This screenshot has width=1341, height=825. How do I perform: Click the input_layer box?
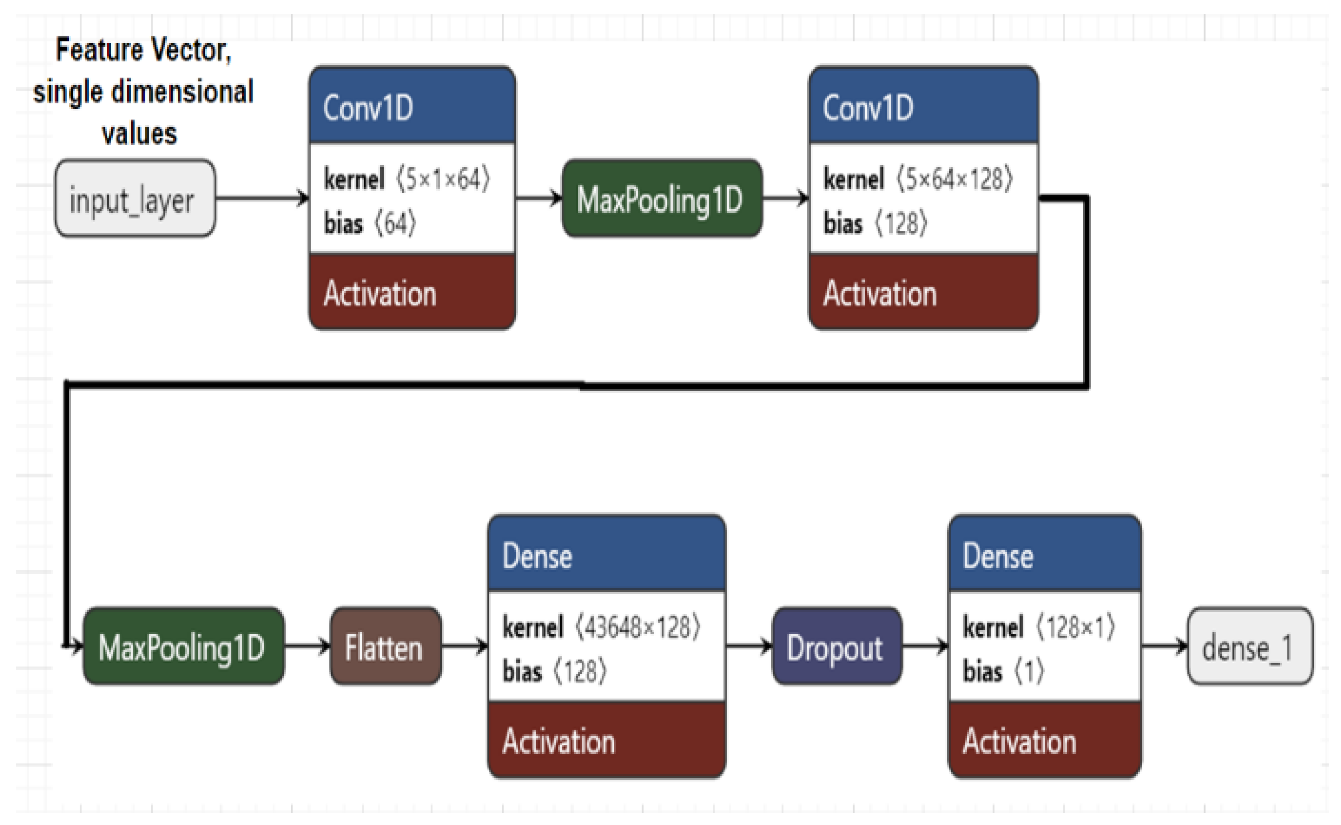(135, 199)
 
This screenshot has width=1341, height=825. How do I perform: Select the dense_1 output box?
(1249, 646)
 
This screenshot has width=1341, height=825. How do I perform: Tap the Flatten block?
(385, 646)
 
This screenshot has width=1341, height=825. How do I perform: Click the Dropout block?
(836, 646)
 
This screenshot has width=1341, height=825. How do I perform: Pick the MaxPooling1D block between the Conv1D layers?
(661, 199)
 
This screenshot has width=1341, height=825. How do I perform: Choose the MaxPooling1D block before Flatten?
(183, 646)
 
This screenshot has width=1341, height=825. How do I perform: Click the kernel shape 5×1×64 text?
(443, 179)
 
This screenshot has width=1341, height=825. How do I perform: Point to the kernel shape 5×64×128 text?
(954, 179)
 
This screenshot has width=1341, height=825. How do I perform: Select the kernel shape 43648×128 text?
(637, 627)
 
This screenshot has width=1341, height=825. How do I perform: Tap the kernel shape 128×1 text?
(1075, 627)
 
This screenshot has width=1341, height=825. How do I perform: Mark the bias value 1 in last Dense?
(1029, 671)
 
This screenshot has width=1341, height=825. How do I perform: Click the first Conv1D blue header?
(412, 107)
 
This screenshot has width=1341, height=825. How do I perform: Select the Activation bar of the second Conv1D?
(923, 293)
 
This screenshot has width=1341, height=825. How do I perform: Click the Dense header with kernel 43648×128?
(606, 555)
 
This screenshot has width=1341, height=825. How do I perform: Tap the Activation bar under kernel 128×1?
(1044, 741)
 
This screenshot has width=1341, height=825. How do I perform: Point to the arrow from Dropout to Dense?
(925, 646)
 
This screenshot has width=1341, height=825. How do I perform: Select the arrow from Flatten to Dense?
(464, 646)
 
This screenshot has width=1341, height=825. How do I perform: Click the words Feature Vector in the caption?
(143, 51)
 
